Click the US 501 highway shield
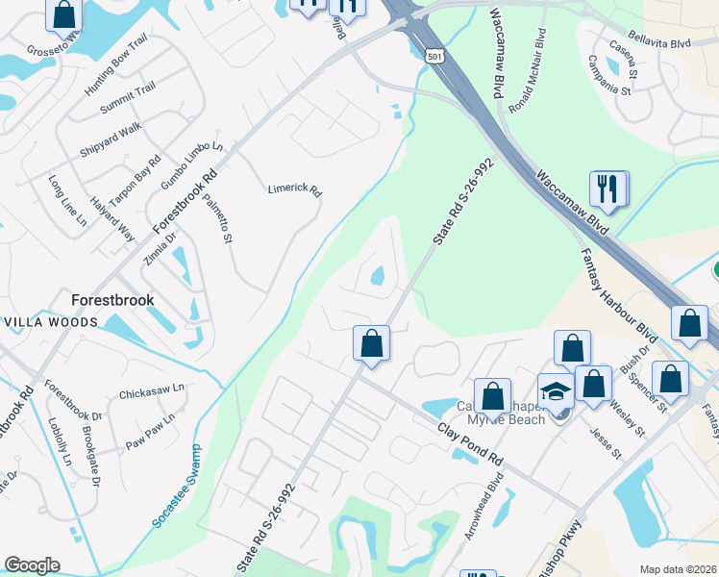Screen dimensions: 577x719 pyautogui.click(x=435, y=58)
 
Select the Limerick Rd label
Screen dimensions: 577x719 pyautogui.click(x=294, y=189)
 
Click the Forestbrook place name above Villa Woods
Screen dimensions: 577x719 pyautogui.click(x=112, y=300)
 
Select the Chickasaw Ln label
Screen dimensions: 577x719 pyautogui.click(x=151, y=393)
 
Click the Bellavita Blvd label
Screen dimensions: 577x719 pyautogui.click(x=667, y=42)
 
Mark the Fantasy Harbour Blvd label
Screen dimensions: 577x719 pyautogui.click(x=618, y=288)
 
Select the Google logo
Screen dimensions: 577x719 pyautogui.click(x=32, y=565)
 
